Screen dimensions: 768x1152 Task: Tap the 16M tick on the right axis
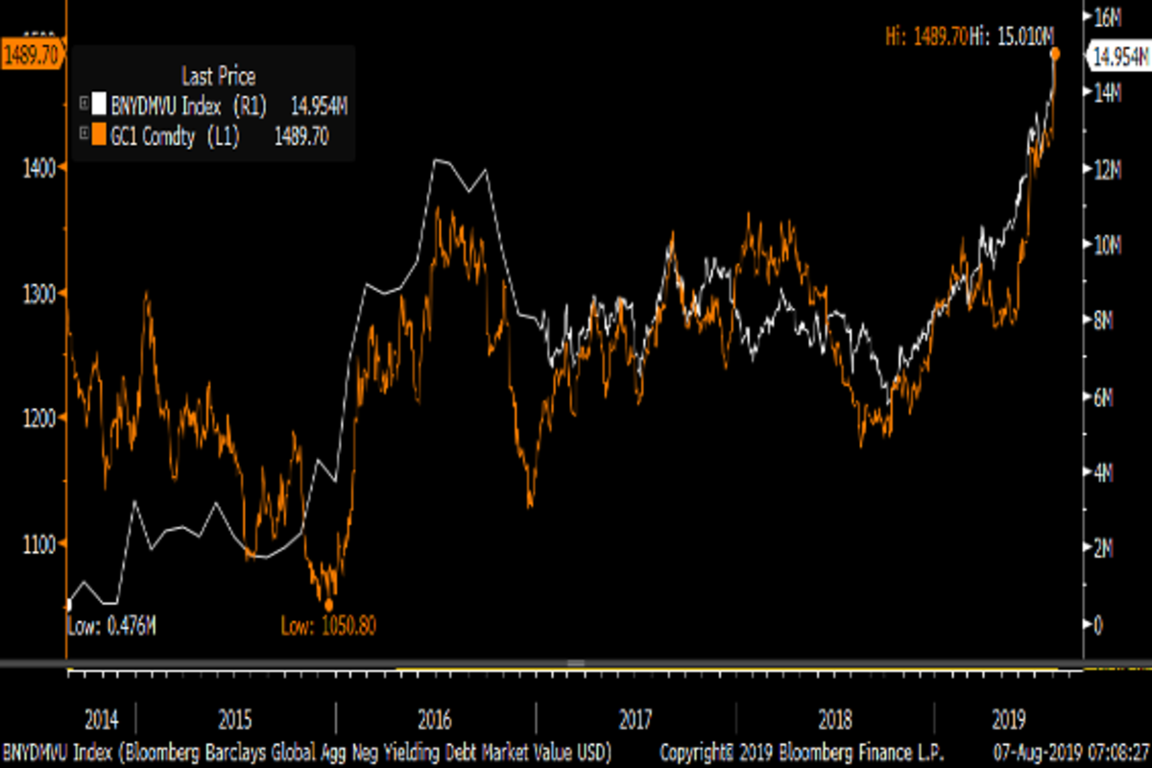click(1109, 16)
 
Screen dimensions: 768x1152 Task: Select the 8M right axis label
click(1106, 321)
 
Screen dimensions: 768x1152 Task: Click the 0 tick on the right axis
click(1099, 625)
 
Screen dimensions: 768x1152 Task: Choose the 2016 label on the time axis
click(435, 719)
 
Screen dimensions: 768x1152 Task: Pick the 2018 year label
click(830, 719)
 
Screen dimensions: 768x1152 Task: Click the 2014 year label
click(102, 719)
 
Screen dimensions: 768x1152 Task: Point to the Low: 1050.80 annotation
click(328, 627)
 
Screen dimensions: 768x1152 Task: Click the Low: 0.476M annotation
click(111, 627)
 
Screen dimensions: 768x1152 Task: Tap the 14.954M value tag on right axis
click(1117, 57)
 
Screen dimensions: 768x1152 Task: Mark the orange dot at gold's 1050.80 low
click(328, 605)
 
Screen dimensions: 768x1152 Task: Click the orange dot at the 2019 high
click(1054, 54)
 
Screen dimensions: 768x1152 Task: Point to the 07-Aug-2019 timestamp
click(1073, 749)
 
